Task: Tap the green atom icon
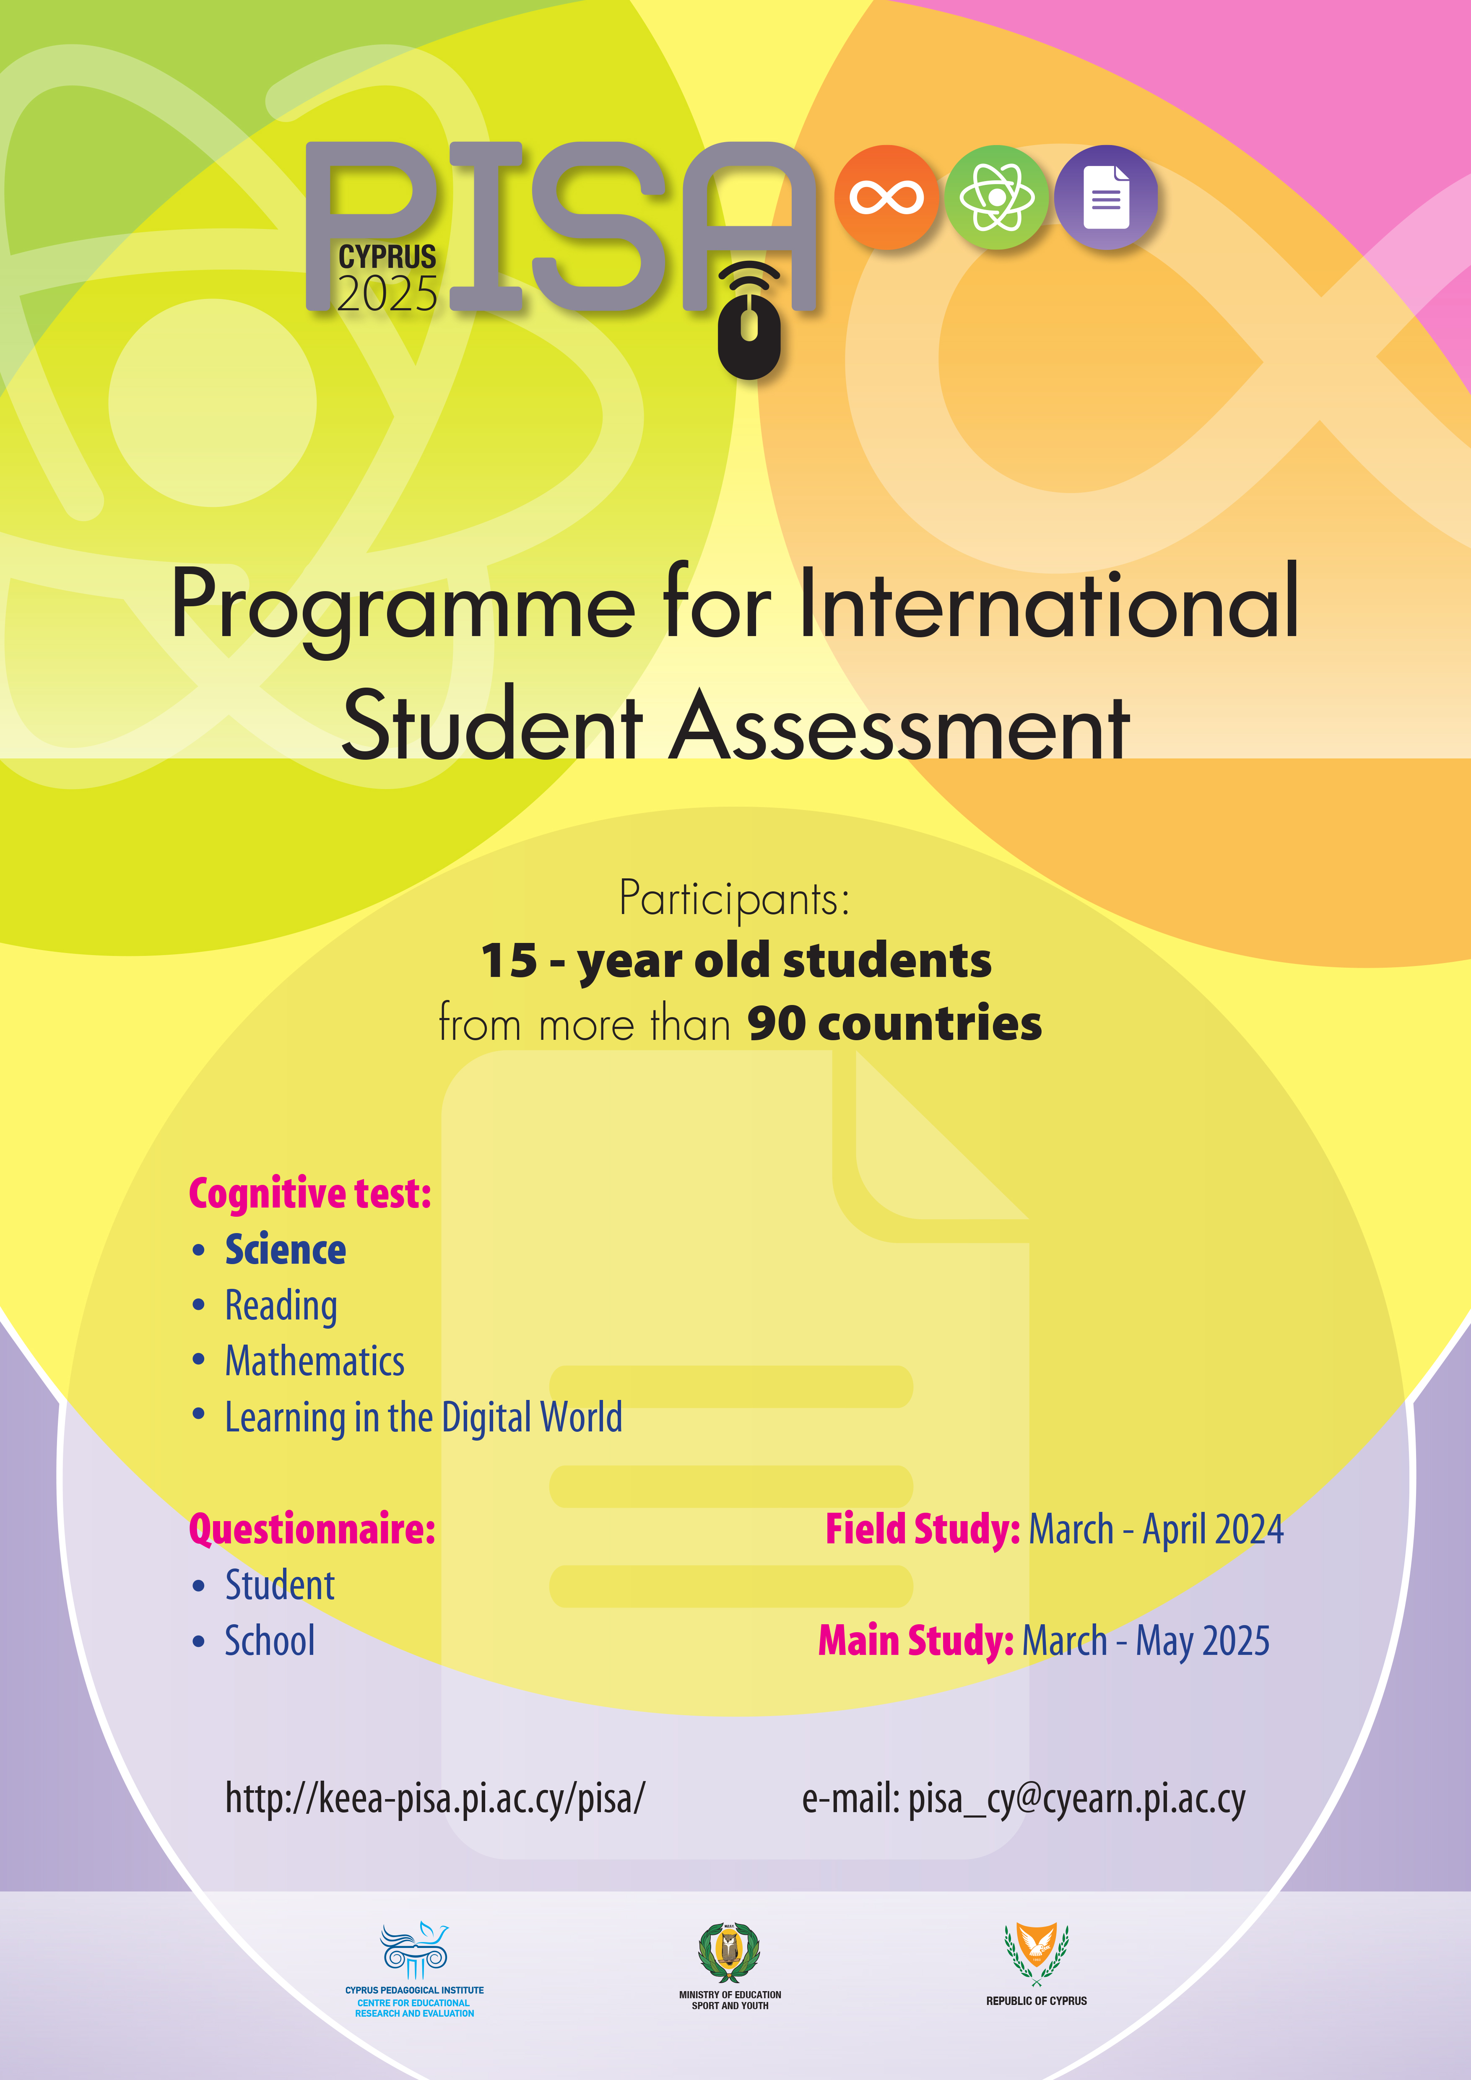[x=996, y=197]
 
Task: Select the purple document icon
[x=1106, y=197]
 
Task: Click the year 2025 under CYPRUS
[x=388, y=294]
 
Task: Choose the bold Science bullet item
[x=285, y=1250]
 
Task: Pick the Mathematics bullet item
[x=314, y=1362]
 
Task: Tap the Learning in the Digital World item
[x=423, y=1418]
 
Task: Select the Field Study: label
[x=922, y=1529]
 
